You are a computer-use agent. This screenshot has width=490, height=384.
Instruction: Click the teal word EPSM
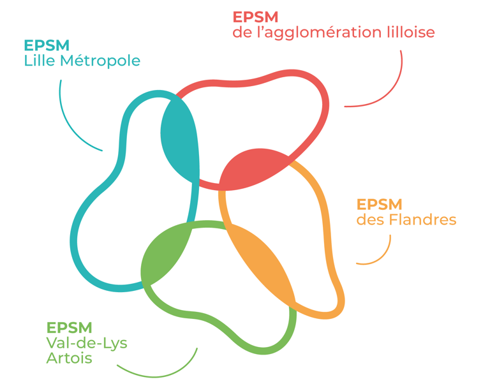tap(47, 46)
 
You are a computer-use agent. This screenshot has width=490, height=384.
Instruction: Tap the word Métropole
tap(102, 61)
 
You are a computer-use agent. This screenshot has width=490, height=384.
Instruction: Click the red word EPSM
tap(255, 17)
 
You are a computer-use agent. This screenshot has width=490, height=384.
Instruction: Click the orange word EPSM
tap(379, 205)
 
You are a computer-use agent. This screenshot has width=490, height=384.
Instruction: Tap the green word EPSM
tap(69, 328)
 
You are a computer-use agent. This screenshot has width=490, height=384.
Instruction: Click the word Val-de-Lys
tap(87, 343)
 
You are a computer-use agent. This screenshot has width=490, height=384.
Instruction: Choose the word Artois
tap(69, 358)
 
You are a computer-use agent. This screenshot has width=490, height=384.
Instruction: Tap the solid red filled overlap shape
tap(250, 168)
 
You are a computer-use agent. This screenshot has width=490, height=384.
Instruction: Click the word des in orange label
tap(368, 220)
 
